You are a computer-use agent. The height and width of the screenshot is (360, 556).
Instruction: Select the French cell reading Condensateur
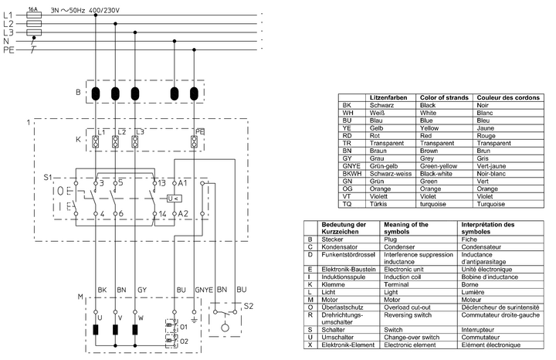486,247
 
